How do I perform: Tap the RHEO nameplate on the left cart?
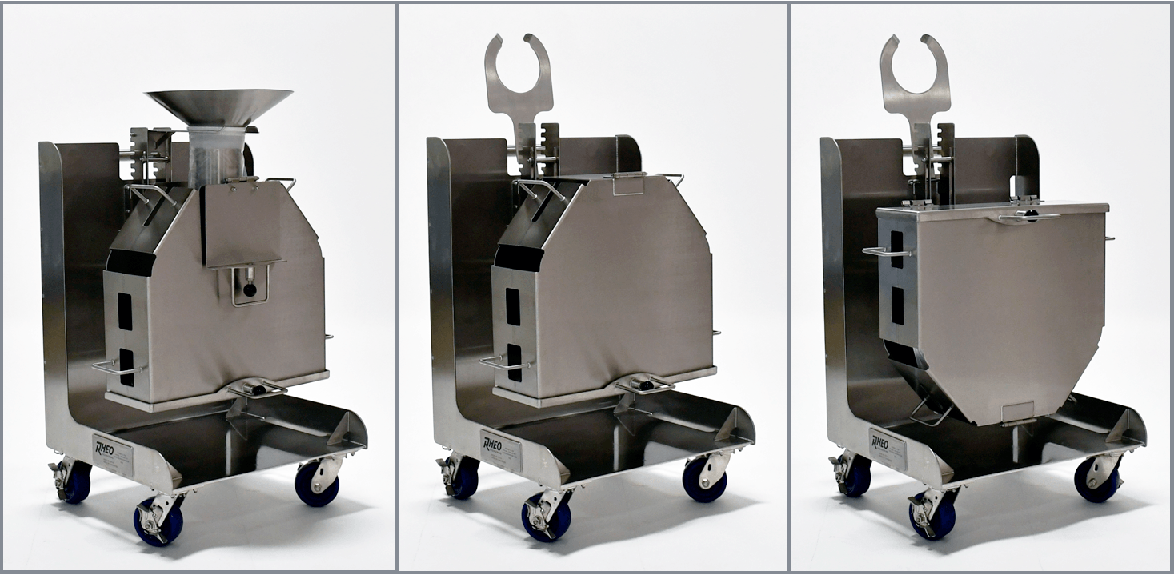coord(113,454)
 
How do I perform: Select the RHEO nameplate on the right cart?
coord(888,449)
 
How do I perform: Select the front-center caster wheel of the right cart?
coord(933,515)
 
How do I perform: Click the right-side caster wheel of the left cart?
coord(317,483)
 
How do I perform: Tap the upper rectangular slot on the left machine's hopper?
coord(125,312)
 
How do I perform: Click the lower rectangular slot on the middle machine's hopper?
coord(514,361)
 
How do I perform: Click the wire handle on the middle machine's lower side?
coord(506,364)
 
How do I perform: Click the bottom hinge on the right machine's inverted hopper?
coord(1018,417)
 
